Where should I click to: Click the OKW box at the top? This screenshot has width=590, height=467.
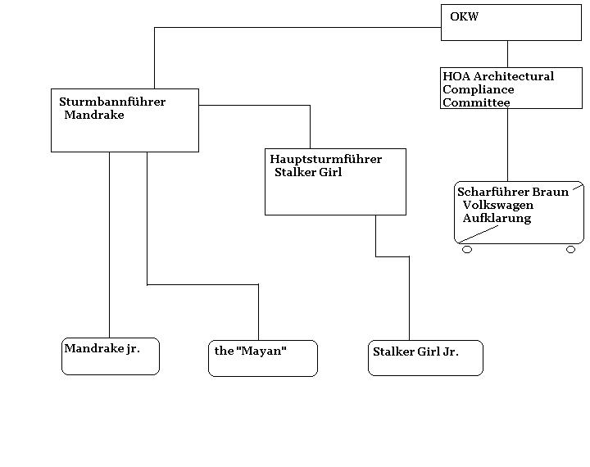click(x=511, y=23)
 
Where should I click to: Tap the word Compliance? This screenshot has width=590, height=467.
click(x=479, y=89)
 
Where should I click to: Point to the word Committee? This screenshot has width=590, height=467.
click(x=476, y=102)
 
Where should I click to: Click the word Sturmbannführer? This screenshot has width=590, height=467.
click(x=112, y=102)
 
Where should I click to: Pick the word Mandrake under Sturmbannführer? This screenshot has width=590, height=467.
click(x=94, y=115)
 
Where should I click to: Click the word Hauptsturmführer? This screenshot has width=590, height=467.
click(x=325, y=159)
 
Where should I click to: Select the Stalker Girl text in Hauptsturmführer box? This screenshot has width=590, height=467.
click(x=308, y=173)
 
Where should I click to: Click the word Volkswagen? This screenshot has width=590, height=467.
click(x=498, y=205)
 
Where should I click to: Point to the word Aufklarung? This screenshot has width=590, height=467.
click(x=497, y=218)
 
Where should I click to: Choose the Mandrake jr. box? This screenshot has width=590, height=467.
click(x=111, y=356)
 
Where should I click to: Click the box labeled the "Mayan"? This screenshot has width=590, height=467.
click(x=262, y=358)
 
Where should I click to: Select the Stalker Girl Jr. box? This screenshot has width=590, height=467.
click(x=425, y=358)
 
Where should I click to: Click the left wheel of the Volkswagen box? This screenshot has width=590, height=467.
click(x=467, y=249)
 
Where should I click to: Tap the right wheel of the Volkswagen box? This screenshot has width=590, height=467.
click(x=571, y=249)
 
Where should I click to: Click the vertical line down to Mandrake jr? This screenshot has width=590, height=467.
click(x=109, y=246)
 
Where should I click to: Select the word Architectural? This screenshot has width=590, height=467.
click(x=516, y=76)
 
